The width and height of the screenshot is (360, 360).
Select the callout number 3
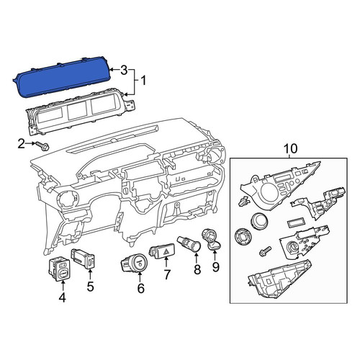pyautogui.click(x=124, y=70)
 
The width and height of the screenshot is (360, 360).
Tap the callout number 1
pyautogui.click(x=143, y=81)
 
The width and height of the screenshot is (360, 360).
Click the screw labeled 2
pyautogui.click(x=42, y=145)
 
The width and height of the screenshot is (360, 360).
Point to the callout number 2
pyautogui.click(x=22, y=143)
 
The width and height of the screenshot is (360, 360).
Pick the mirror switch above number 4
pyautogui.click(x=59, y=270)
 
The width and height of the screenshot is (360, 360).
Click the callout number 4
pyautogui.click(x=62, y=298)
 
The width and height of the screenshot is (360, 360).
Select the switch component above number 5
pyautogui.click(x=84, y=259)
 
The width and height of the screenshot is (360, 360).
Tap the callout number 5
pyautogui.click(x=90, y=287)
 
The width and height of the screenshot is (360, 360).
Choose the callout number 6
pyautogui.click(x=140, y=288)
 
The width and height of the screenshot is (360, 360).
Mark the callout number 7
pyautogui.click(x=167, y=275)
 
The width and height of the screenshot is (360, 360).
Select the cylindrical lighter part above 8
pyautogui.click(x=189, y=243)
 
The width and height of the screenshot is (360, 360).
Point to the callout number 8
pyautogui.click(x=197, y=269)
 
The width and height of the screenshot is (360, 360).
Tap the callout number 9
pyautogui.click(x=216, y=267)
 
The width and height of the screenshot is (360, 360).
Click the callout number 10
pyautogui.click(x=290, y=148)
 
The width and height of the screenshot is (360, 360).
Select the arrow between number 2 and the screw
pyautogui.click(x=30, y=143)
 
